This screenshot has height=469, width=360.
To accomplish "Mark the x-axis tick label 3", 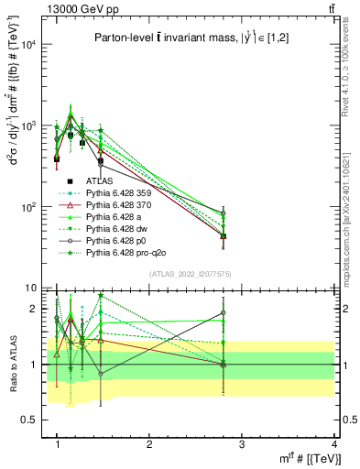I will click(x=241, y=444).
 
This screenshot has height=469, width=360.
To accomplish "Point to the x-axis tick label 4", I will click(x=333, y=444).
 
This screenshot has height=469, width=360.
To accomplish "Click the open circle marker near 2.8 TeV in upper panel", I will click(x=223, y=214).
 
